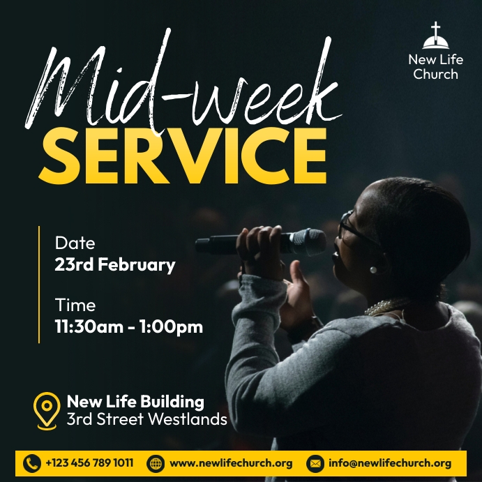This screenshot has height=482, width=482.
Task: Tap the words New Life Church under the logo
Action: [435, 66]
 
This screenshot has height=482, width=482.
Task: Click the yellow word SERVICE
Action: [182, 153]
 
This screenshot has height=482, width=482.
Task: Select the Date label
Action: [75, 243]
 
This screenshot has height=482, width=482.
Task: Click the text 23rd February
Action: [115, 265]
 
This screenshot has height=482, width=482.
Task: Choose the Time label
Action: [75, 305]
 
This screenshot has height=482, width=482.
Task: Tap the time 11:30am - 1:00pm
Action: [129, 326]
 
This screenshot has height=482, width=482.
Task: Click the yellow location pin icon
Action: [47, 409]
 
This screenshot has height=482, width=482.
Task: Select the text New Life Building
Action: [135, 401]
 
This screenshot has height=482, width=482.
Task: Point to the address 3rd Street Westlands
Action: [146, 419]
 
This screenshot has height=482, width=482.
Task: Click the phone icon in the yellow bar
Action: [32, 463]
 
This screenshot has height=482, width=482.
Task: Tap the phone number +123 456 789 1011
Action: [89, 462]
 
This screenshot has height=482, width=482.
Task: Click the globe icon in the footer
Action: [156, 463]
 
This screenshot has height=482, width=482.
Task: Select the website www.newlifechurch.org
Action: [231, 462]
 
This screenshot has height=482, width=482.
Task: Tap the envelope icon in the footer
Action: [316, 463]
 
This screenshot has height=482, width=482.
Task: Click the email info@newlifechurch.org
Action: [390, 462]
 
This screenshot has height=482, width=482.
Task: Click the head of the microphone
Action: [308, 242]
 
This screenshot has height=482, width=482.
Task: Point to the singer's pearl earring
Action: [374, 269]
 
